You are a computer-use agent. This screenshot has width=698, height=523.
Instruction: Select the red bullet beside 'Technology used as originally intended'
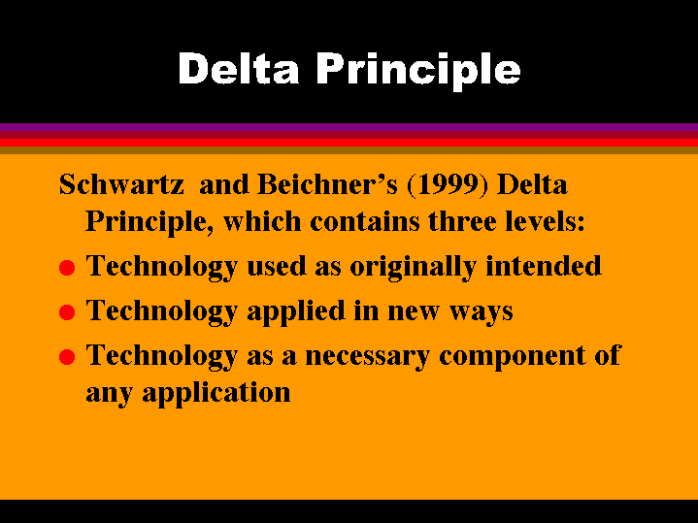(x=66, y=268)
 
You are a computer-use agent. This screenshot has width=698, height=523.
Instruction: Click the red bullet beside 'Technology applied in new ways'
(x=66, y=312)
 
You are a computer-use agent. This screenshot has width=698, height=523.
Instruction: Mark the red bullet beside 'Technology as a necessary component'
(x=66, y=356)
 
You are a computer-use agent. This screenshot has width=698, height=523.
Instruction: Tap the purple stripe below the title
(x=349, y=127)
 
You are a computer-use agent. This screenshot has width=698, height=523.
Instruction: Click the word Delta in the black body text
(x=532, y=183)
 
